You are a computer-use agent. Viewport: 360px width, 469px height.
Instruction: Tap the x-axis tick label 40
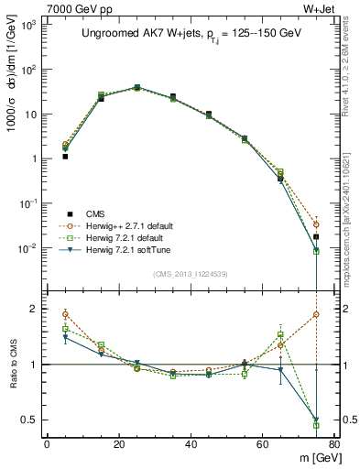191,444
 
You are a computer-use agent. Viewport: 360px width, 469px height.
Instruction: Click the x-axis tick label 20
119,444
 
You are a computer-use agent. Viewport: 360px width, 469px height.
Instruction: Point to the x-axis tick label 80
333,444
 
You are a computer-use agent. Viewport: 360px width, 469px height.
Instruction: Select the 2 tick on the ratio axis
35,309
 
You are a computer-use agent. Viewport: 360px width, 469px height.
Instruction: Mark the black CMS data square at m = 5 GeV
65,157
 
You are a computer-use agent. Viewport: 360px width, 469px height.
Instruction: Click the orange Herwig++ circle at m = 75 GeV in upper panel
316,224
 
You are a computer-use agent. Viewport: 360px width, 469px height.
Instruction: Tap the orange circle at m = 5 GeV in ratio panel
65,314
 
